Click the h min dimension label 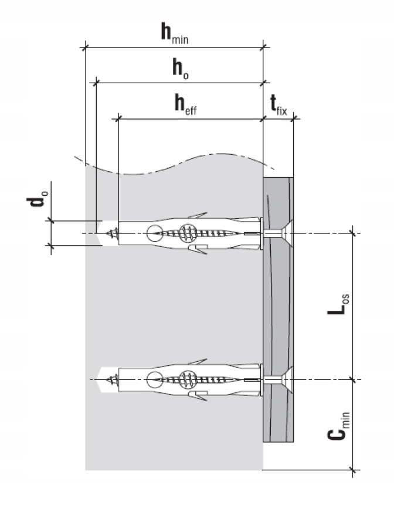click(175, 33)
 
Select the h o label click(181, 69)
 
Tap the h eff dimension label click(185, 104)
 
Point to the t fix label click(278, 105)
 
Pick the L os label click(338, 304)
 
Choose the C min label click(338, 426)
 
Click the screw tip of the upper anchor click(112, 233)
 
